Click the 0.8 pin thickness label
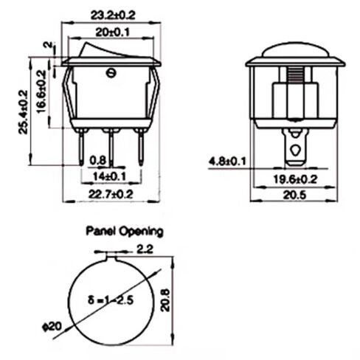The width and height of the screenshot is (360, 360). pyautogui.click(x=97, y=160)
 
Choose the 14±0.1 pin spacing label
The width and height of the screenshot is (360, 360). pyautogui.click(x=110, y=175)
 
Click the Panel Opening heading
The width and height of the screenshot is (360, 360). pyautogui.click(x=125, y=231)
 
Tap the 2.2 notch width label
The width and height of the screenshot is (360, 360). pyautogui.click(x=144, y=249)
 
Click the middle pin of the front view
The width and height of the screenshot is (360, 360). pyautogui.click(x=111, y=148)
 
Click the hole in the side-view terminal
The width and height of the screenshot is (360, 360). pyautogui.click(x=295, y=150)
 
